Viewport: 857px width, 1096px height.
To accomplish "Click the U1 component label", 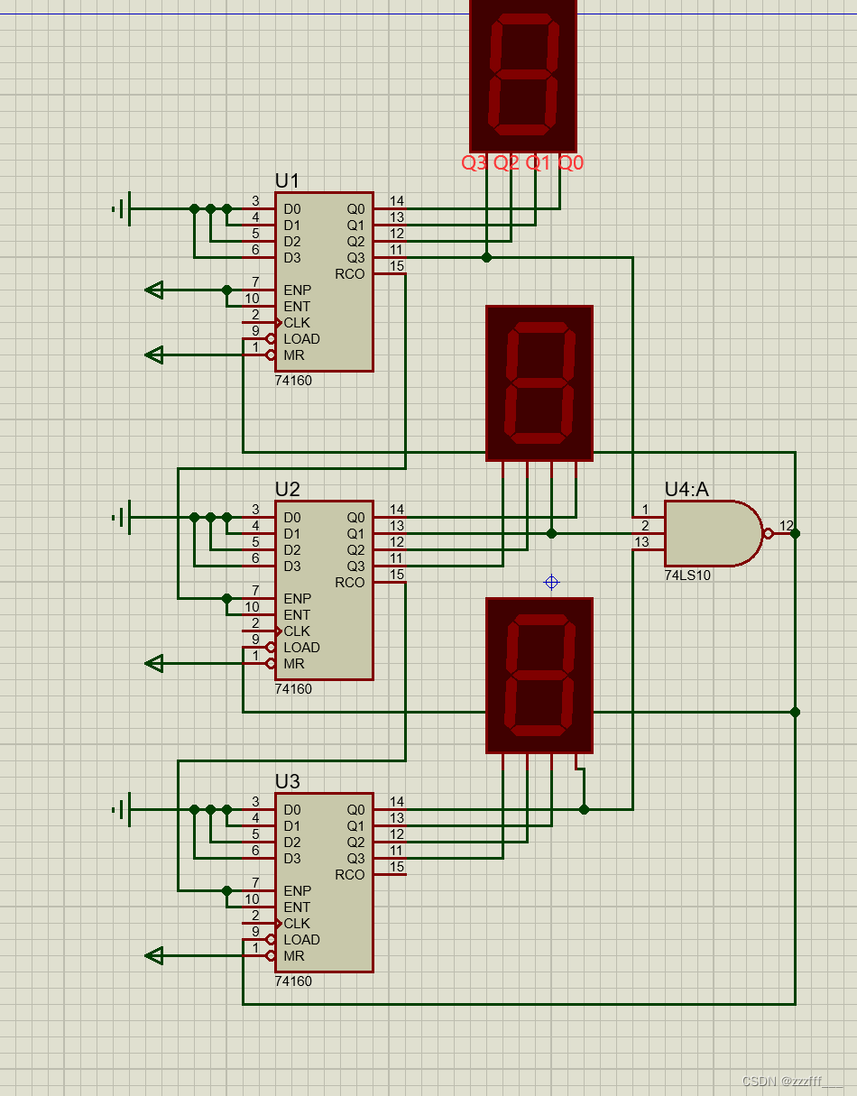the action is click(287, 180).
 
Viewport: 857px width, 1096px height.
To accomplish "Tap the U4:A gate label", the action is click(687, 489).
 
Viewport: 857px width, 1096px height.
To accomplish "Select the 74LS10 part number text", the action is click(687, 576).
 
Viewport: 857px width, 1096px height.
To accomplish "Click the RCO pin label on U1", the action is click(349, 274).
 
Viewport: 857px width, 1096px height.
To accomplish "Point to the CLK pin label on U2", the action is click(297, 631).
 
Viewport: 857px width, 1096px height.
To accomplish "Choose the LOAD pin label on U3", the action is click(301, 940).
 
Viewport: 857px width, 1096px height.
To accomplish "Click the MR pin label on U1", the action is click(294, 355).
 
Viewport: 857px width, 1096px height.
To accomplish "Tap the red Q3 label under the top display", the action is click(475, 163).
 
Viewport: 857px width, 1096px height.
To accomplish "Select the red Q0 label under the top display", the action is click(571, 163).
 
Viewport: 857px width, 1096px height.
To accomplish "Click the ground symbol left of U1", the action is click(122, 208).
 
